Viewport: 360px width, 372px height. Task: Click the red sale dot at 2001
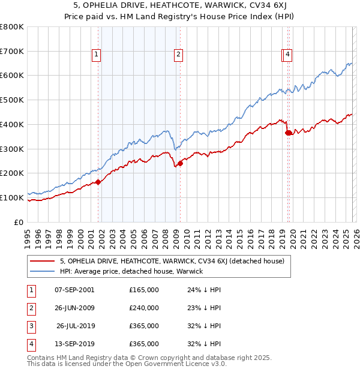98,182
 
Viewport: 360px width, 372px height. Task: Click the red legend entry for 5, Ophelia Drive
158,261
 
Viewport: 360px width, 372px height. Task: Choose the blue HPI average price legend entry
131,271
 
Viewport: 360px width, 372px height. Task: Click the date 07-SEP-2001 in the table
74,290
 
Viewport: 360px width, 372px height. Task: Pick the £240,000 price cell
144,308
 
